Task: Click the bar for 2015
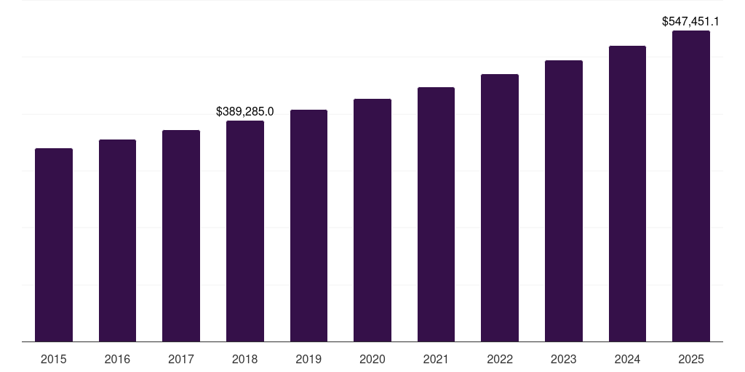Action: [54, 245]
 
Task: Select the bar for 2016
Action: [117, 240]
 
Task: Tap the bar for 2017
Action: [181, 236]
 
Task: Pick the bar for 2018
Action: [245, 231]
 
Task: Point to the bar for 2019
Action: [308, 226]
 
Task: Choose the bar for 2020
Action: [372, 220]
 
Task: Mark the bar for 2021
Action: [436, 214]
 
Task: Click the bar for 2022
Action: [500, 208]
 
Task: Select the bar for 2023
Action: [564, 201]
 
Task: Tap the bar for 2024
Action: [627, 194]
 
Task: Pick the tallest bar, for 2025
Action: [691, 186]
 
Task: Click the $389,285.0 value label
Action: [245, 111]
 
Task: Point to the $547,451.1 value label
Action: [690, 22]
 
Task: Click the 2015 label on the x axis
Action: [54, 359]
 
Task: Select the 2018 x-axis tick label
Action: [245, 359]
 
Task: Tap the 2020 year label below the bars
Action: [372, 359]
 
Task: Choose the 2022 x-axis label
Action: [500, 359]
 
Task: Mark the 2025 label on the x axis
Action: [691, 359]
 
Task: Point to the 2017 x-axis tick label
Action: [181, 359]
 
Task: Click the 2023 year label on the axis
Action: [564, 359]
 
